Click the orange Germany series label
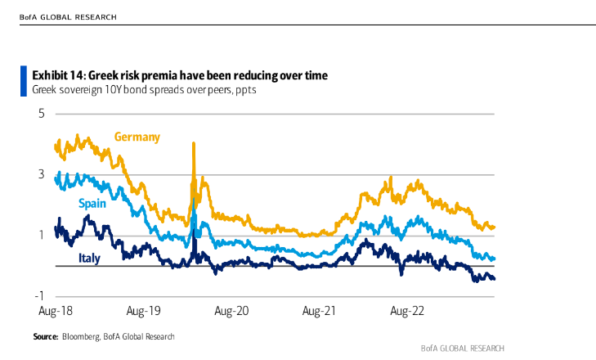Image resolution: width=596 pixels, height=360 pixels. click(x=137, y=137)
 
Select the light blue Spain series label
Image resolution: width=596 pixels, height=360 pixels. click(x=92, y=203)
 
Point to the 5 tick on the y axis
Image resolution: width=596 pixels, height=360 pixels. click(x=41, y=113)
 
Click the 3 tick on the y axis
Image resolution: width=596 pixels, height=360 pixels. click(x=41, y=174)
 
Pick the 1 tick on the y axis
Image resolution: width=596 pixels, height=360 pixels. click(x=41, y=236)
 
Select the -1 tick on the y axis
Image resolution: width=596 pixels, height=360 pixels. click(x=38, y=296)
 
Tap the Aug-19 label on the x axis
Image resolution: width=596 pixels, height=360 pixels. click(x=144, y=311)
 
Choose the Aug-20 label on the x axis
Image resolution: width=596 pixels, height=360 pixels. click(x=231, y=311)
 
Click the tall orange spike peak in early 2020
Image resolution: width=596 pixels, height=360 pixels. click(x=194, y=144)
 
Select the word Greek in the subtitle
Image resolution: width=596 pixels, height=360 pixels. click(x=47, y=90)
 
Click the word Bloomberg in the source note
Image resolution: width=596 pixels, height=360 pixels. click(x=81, y=336)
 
